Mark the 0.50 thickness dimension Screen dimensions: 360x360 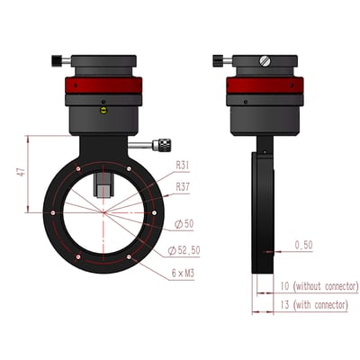pos(304,243)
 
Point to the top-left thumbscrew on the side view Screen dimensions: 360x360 pos(220,61)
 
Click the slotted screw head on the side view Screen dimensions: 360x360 pos(264,60)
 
